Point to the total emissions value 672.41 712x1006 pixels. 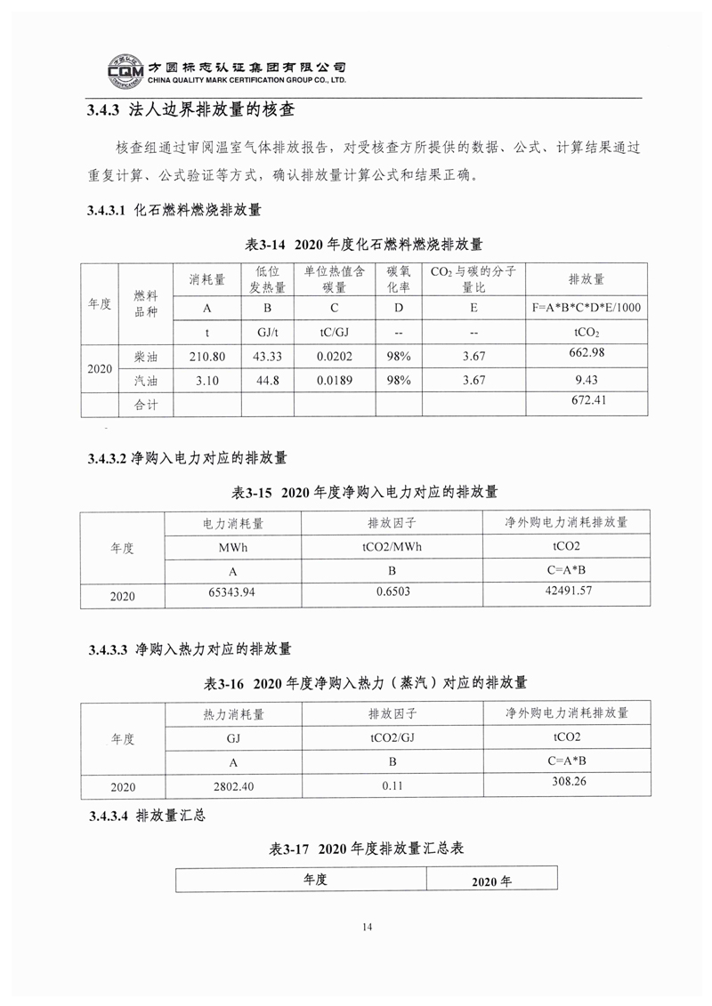587,401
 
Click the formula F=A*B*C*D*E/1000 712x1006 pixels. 587,308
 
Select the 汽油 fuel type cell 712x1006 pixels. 145,380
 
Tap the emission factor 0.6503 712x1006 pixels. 392,592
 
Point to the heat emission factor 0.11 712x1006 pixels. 392,786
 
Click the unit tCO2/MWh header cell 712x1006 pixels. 392,546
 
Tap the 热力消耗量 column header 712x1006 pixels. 234,713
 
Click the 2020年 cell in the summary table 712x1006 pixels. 491,881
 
